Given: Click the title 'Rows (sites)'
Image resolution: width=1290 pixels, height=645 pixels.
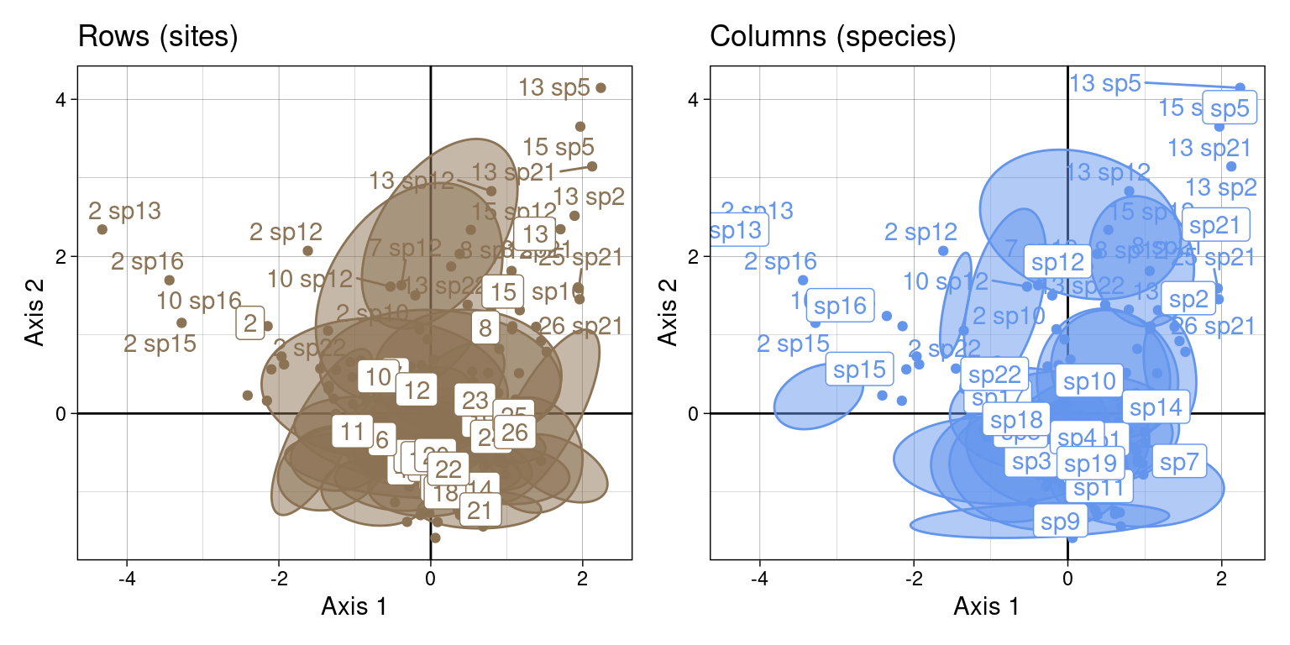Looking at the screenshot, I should [158, 37].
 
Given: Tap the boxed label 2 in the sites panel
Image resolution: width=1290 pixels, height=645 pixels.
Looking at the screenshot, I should [249, 324].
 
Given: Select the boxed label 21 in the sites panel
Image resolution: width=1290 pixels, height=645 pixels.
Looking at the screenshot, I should [480, 510].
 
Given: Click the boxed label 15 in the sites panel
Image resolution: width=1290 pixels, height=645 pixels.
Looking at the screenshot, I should [503, 292].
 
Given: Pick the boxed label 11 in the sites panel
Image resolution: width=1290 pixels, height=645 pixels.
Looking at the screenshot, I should [353, 432].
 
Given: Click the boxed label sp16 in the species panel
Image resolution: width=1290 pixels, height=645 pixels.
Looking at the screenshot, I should [840, 306].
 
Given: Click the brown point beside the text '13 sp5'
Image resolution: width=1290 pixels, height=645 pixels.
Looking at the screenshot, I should [600, 87].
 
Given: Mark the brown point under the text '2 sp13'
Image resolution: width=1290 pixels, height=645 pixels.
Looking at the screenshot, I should [102, 229].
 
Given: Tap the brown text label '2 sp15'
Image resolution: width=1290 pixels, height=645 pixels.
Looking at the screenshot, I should [160, 343].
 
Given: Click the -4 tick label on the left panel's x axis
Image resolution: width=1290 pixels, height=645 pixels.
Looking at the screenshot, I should [127, 580].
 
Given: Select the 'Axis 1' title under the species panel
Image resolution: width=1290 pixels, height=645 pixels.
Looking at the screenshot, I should [986, 606].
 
